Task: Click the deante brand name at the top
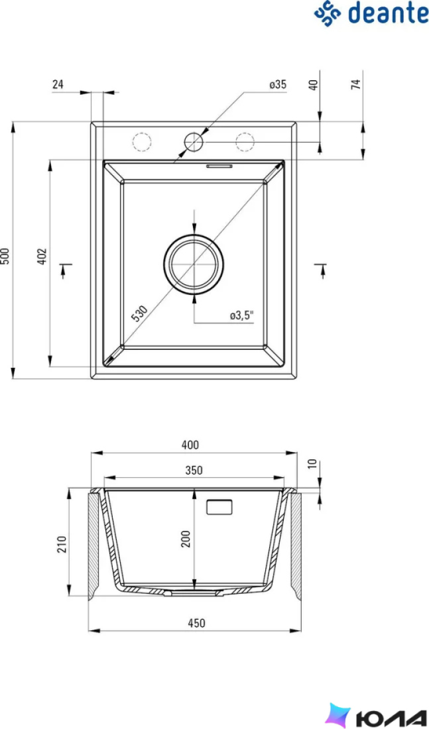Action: (x=389, y=13)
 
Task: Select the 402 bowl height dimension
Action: (x=42, y=256)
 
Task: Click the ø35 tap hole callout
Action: (x=277, y=85)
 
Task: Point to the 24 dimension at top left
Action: (x=58, y=85)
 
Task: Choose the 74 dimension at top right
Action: (x=355, y=84)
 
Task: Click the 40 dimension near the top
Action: (x=313, y=85)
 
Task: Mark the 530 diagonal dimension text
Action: (x=140, y=313)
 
